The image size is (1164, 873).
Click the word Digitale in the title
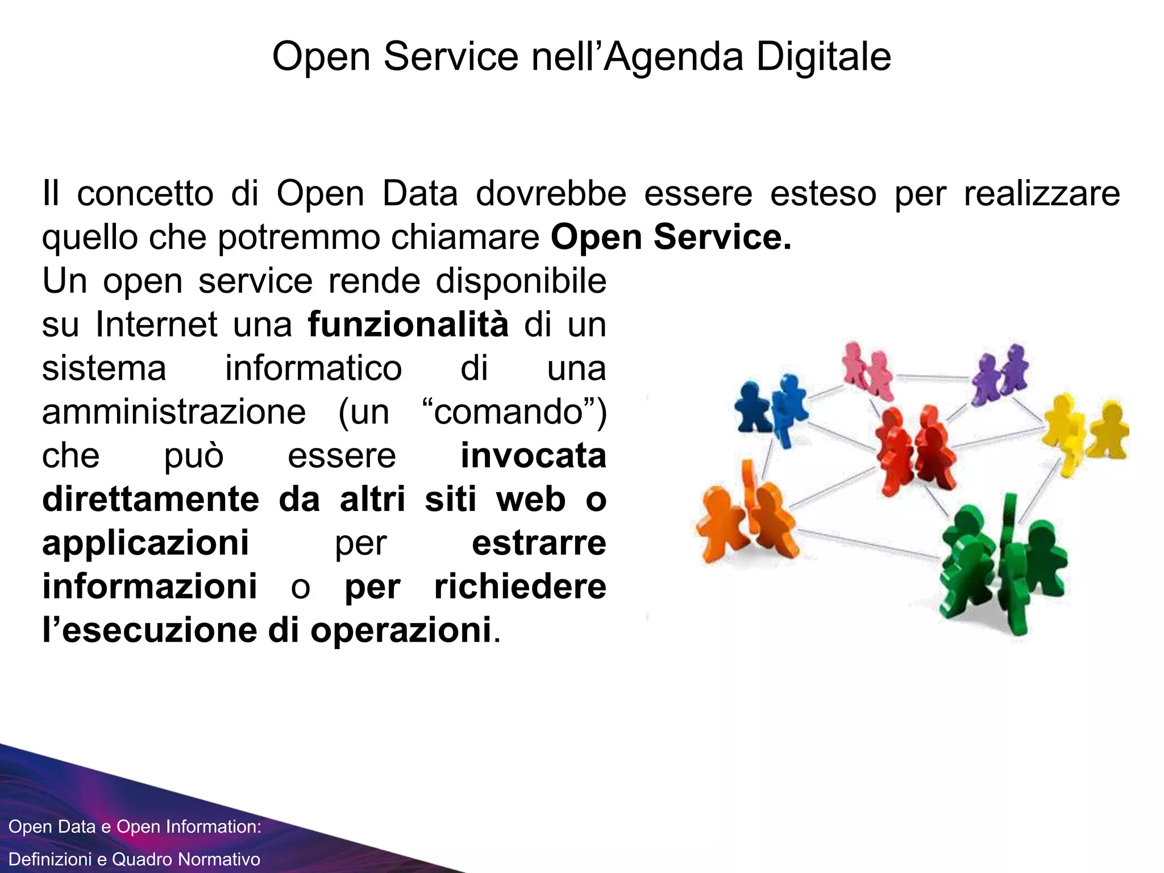coord(824,57)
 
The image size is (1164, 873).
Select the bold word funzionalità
coord(408,325)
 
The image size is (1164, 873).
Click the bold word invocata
coord(533,456)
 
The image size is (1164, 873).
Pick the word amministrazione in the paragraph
coord(174,412)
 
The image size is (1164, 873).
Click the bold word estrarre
coord(539,543)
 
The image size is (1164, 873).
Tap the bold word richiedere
coord(520,587)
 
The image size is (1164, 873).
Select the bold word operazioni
coord(401,630)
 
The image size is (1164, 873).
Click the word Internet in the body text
coord(157,325)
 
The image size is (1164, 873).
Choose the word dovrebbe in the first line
coord(551,193)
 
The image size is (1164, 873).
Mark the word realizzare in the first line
coord(1042,193)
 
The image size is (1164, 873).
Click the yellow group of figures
coord(1083,432)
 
